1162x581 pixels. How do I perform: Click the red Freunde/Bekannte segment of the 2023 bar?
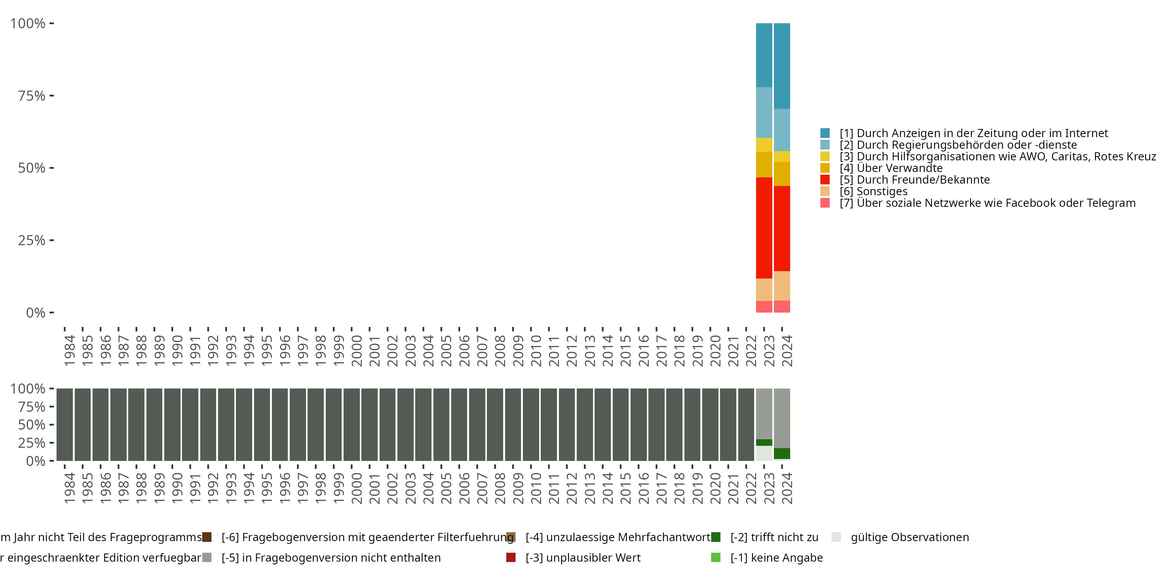(x=764, y=228)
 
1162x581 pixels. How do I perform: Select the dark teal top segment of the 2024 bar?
(x=782, y=66)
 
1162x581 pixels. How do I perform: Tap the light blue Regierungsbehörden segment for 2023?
(x=764, y=112)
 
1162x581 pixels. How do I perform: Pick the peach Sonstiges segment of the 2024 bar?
(x=782, y=285)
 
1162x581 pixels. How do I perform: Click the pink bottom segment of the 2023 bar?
(x=764, y=307)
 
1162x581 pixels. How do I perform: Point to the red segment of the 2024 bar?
(x=782, y=228)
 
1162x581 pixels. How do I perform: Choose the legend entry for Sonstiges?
(x=882, y=191)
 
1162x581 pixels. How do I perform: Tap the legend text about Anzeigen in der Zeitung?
(x=973, y=133)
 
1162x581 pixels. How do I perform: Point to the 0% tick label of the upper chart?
(x=36, y=313)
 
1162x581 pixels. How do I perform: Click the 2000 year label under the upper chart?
(x=357, y=351)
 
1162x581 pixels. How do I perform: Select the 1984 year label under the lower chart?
(x=69, y=488)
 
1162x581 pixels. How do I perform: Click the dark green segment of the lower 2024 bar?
(x=782, y=453)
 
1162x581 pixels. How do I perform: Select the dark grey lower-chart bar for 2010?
(x=531, y=425)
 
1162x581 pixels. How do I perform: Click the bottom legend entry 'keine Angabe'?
(x=776, y=557)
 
